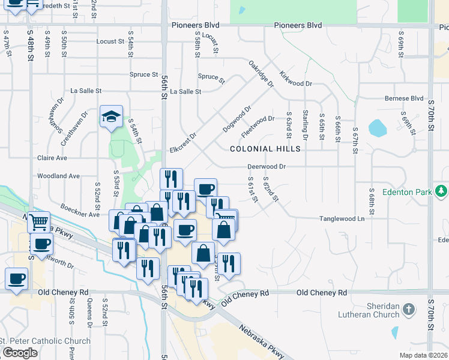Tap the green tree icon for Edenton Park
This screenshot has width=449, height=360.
tap(442, 191)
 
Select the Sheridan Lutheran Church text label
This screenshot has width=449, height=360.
tap(373, 310)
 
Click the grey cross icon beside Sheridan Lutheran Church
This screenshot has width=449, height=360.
tap(408, 310)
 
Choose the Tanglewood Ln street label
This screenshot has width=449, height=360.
tap(342, 219)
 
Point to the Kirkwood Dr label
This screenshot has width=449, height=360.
tap(295, 80)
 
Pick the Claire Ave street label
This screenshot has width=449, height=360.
tap(52, 158)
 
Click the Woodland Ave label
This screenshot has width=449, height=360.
tap(58, 176)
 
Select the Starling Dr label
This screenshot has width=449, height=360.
tap(306, 125)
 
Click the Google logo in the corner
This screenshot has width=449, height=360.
tap(20, 353)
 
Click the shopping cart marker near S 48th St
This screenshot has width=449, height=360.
tap(38, 221)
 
